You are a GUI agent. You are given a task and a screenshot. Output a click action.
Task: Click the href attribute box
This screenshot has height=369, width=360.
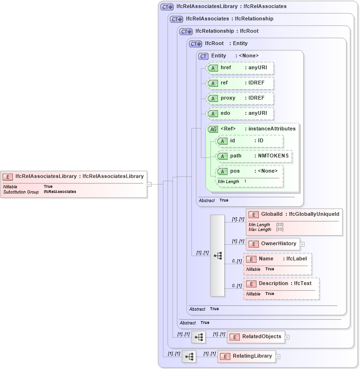click(240, 68)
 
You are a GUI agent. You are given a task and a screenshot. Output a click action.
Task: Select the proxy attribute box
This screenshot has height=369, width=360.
click(240, 98)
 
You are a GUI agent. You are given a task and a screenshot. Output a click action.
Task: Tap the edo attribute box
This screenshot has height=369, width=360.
click(240, 113)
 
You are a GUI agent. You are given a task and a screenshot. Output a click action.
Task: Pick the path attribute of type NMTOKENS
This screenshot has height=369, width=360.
click(254, 156)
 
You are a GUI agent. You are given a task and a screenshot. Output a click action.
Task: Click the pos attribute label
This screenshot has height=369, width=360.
click(235, 171)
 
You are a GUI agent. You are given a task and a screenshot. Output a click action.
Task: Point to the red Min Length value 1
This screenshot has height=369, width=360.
click(245, 182)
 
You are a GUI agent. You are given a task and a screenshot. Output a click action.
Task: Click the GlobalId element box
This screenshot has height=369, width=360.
click(294, 214)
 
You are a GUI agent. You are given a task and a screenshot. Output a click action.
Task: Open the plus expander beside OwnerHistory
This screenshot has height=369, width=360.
click(302, 244)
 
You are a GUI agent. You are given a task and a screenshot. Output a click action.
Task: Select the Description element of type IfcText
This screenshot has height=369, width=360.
click(281, 284)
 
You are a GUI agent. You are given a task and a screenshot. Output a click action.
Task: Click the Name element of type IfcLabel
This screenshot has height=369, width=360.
click(277, 259)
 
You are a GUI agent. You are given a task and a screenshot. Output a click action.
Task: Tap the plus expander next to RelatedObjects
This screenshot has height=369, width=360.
click(287, 337)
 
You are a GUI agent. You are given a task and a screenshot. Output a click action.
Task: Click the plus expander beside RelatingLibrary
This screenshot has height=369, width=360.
click(278, 357)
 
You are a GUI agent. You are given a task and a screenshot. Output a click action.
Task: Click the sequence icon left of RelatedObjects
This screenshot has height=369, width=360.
click(199, 337)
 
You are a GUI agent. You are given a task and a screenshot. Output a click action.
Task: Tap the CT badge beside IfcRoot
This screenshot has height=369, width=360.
click(196, 44)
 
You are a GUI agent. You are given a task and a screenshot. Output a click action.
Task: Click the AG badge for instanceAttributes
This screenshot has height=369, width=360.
click(213, 129)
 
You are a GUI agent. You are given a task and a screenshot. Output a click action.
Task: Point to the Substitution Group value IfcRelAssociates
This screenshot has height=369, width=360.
click(60, 192)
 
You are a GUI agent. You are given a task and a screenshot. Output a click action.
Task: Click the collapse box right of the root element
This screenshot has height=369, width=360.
click(149, 184)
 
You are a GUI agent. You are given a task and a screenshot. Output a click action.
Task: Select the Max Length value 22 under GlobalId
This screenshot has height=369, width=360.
click(280, 230)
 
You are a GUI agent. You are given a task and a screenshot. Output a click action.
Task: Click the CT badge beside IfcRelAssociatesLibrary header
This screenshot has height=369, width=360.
click(167, 7)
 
